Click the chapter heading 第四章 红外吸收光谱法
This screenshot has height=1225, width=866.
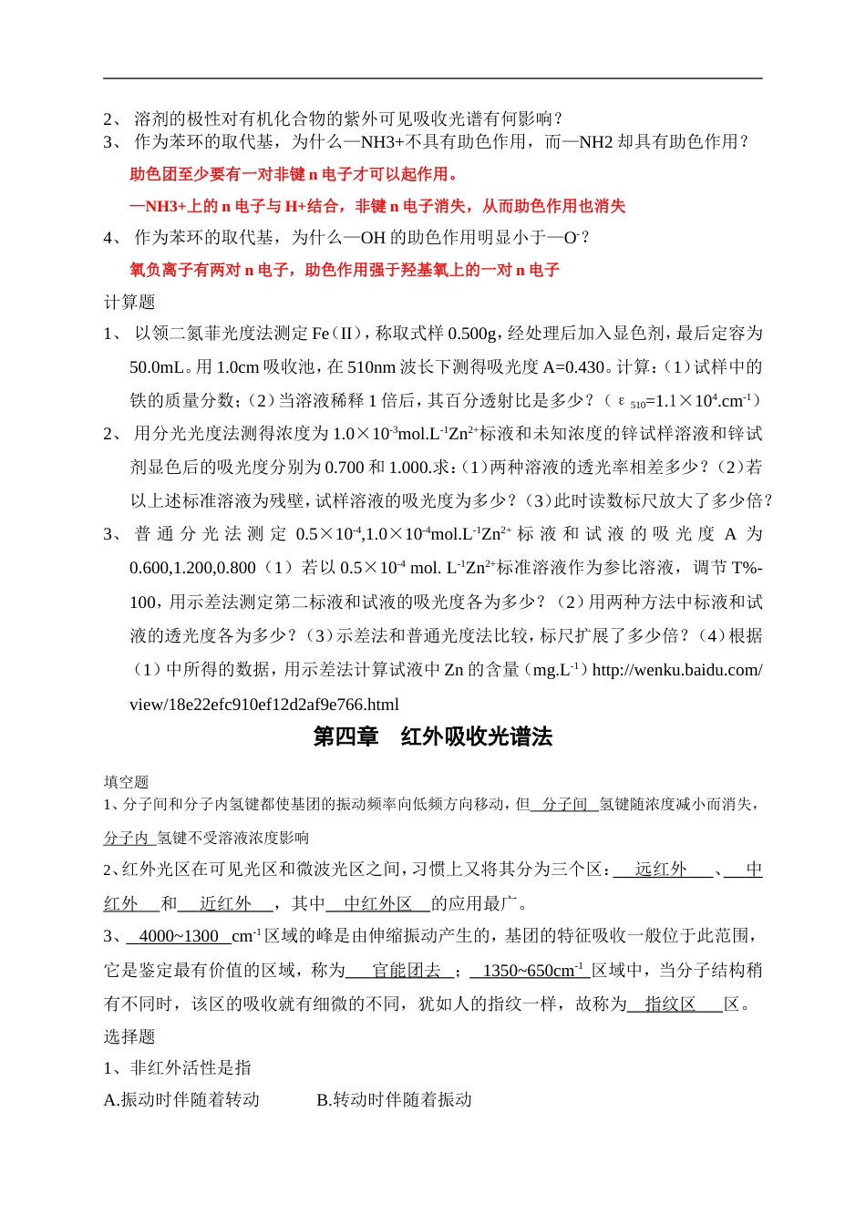432,737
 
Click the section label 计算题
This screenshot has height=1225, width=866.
129,302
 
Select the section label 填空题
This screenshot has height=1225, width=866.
126,781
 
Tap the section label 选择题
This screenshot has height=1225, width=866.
129,1036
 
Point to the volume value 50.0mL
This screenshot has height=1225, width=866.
157,367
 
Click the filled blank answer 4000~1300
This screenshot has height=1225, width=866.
179,936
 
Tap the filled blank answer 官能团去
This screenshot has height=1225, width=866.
407,971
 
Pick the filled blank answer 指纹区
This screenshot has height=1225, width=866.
670,1004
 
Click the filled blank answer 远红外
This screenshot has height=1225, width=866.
661,870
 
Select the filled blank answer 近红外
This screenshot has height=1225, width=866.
225,904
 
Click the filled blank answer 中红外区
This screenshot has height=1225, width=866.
377,904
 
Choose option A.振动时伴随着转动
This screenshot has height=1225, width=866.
182,1100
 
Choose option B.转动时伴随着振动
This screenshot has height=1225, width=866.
394,1100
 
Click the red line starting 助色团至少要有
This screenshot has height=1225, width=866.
294,174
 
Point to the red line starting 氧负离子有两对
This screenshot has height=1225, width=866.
344,270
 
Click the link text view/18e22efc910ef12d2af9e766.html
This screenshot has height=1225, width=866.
264,705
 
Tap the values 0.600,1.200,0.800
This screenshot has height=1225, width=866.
192,569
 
